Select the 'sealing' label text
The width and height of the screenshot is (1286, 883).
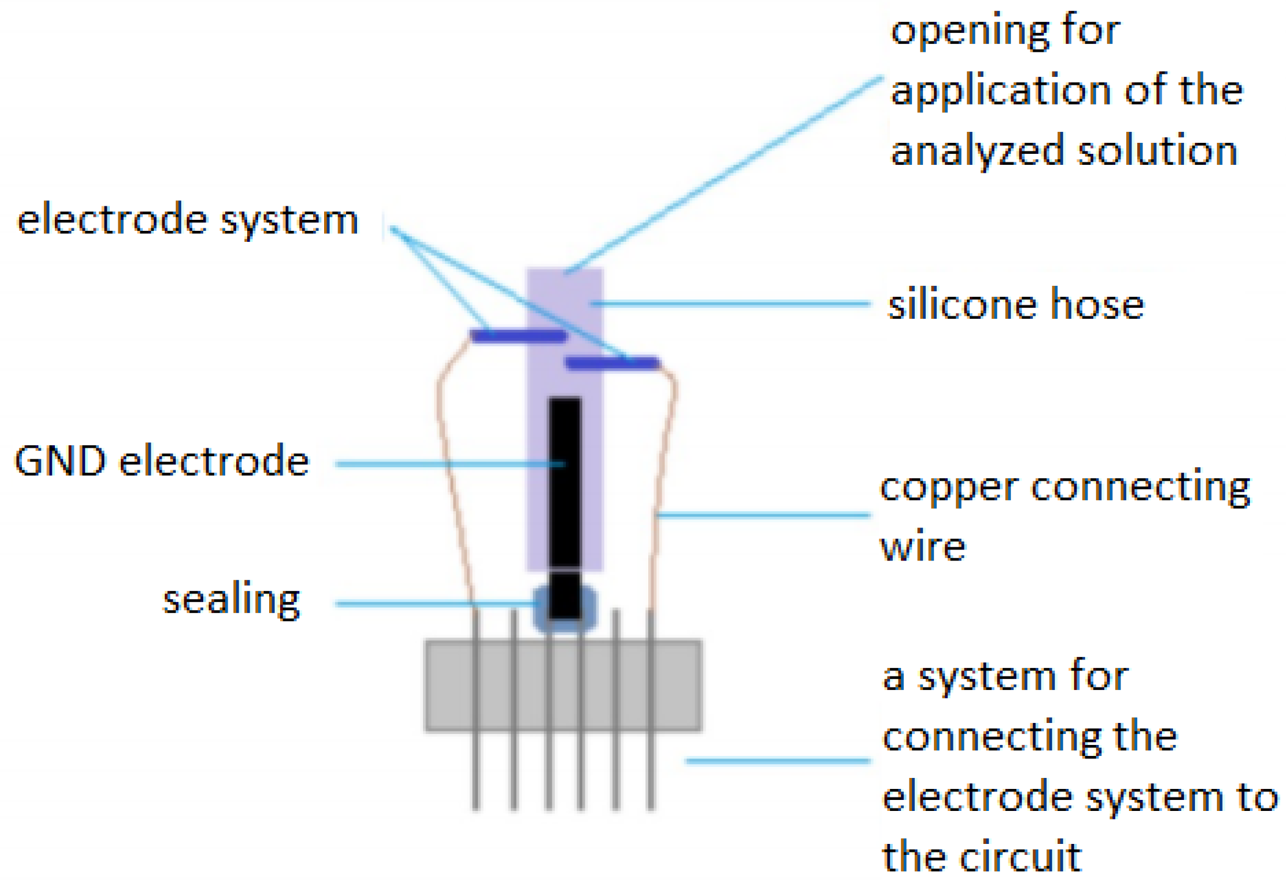click(x=231, y=600)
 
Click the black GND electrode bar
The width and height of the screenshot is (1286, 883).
click(x=565, y=489)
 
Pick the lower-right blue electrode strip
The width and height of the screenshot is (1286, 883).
click(x=613, y=363)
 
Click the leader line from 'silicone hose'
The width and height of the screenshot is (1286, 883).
click(x=732, y=303)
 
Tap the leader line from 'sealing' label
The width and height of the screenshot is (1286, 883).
click(x=427, y=604)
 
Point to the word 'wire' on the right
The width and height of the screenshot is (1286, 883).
click(x=923, y=547)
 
